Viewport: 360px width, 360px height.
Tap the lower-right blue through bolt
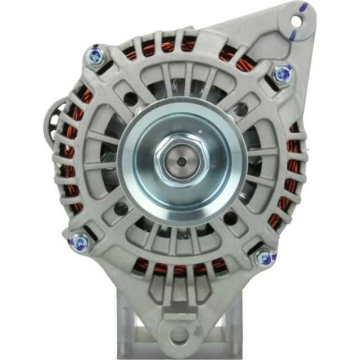tap(264, 252)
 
